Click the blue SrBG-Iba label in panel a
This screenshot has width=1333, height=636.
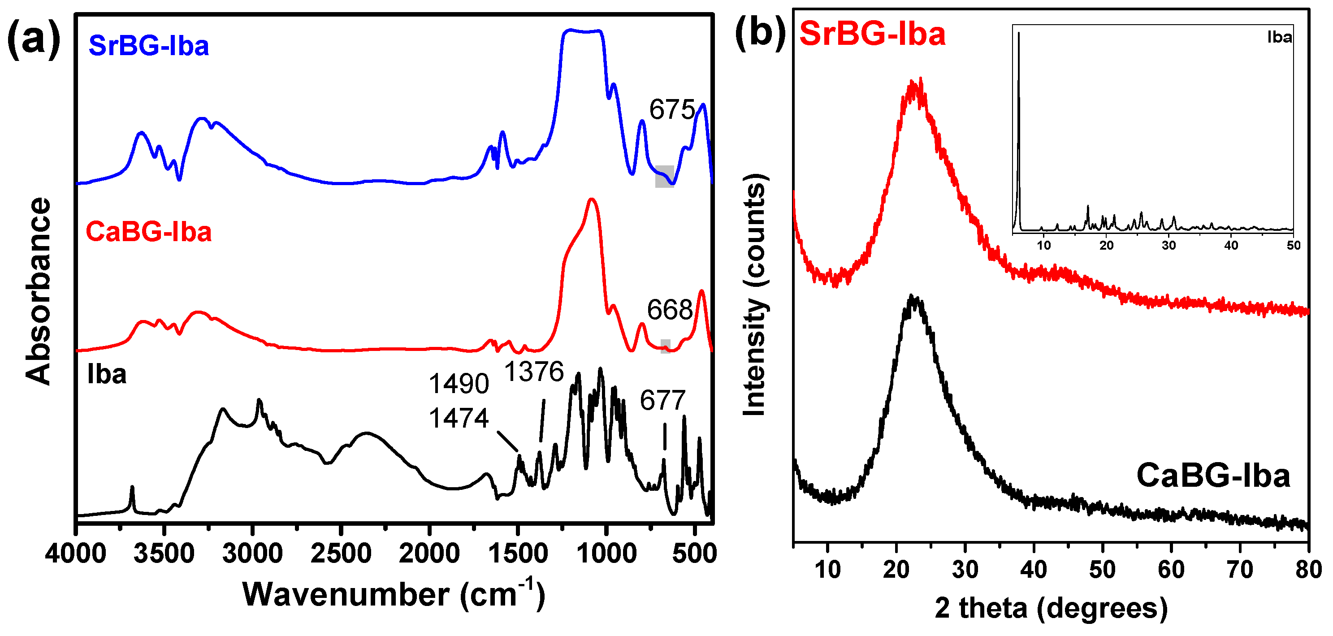(x=148, y=46)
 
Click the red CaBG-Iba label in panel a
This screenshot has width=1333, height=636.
(x=148, y=231)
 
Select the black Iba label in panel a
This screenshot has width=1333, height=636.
(x=107, y=374)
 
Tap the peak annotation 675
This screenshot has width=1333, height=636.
(x=672, y=110)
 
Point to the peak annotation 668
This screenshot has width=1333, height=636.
(x=670, y=310)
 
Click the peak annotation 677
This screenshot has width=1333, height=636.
(x=662, y=400)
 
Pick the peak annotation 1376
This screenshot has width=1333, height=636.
(x=534, y=372)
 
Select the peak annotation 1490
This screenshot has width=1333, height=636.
(x=459, y=384)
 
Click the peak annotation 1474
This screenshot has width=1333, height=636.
(x=459, y=418)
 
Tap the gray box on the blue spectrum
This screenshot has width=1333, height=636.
(x=664, y=177)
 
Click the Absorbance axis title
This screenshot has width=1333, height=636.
(x=38, y=291)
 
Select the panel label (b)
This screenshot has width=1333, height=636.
(x=761, y=32)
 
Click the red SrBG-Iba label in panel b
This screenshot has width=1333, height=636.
(x=872, y=34)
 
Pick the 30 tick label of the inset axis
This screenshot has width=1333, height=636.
(x=1169, y=245)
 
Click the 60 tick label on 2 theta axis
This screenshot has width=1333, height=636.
(x=1171, y=570)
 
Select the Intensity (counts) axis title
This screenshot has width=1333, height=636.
(x=754, y=295)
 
